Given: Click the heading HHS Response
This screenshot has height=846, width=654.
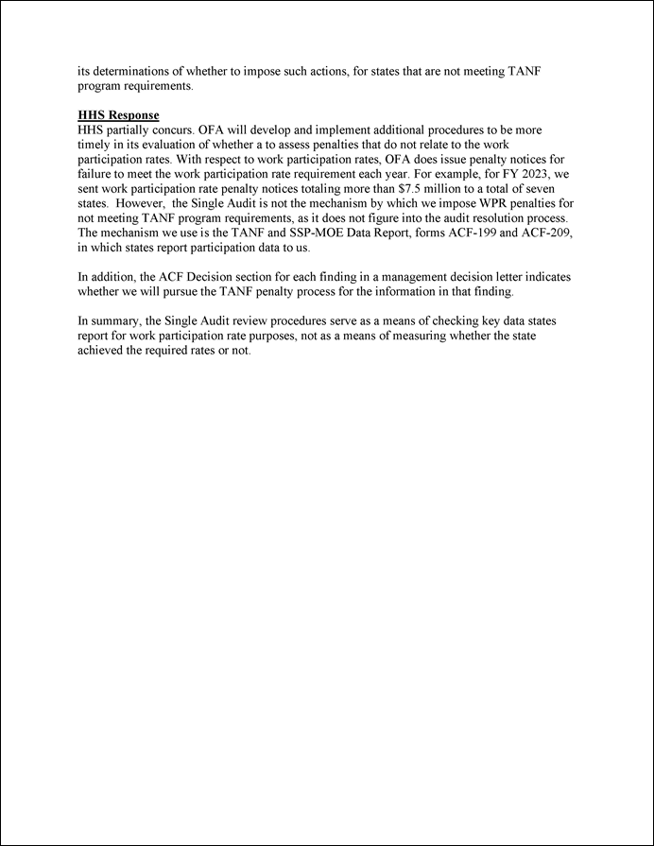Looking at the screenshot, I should pos(118,115).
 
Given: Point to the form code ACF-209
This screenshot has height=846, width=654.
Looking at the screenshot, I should pos(546,233).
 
